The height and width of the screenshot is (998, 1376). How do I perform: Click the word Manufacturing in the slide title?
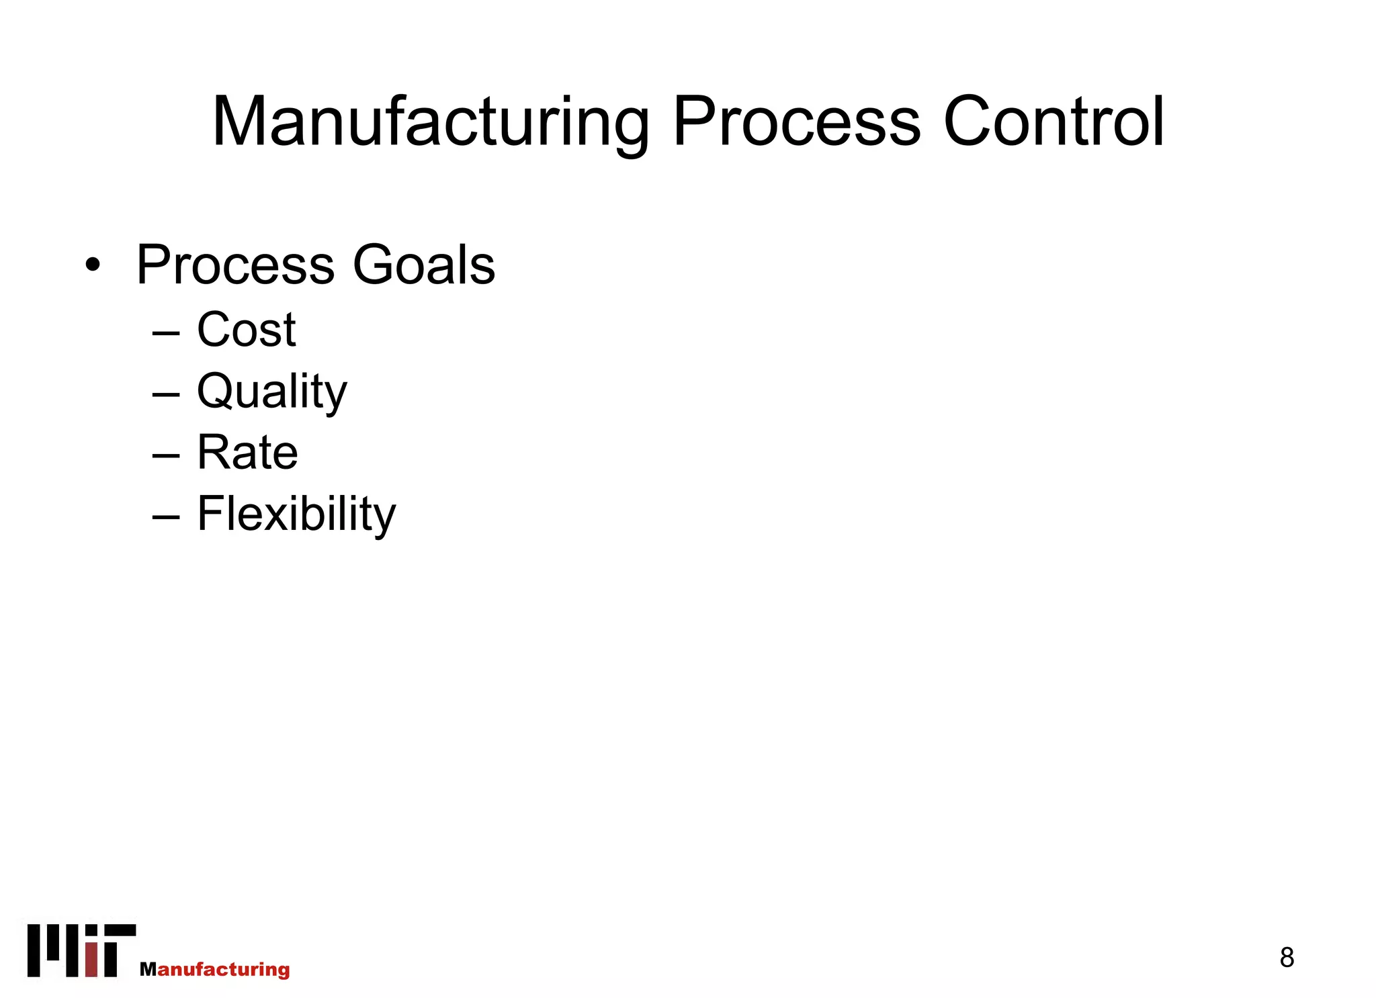[x=430, y=122]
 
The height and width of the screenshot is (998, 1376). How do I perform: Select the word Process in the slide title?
[x=796, y=122]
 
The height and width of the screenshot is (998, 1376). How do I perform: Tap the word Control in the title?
[x=1053, y=122]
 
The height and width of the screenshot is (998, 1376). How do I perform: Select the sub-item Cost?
[x=246, y=330]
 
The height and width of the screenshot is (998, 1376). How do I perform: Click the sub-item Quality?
[x=271, y=392]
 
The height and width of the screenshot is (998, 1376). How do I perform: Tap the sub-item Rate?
[x=247, y=453]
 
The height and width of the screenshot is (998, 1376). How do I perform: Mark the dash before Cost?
[x=166, y=332]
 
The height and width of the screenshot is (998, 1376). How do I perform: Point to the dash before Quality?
[x=166, y=394]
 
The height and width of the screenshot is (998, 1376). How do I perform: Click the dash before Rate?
[x=166, y=455]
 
